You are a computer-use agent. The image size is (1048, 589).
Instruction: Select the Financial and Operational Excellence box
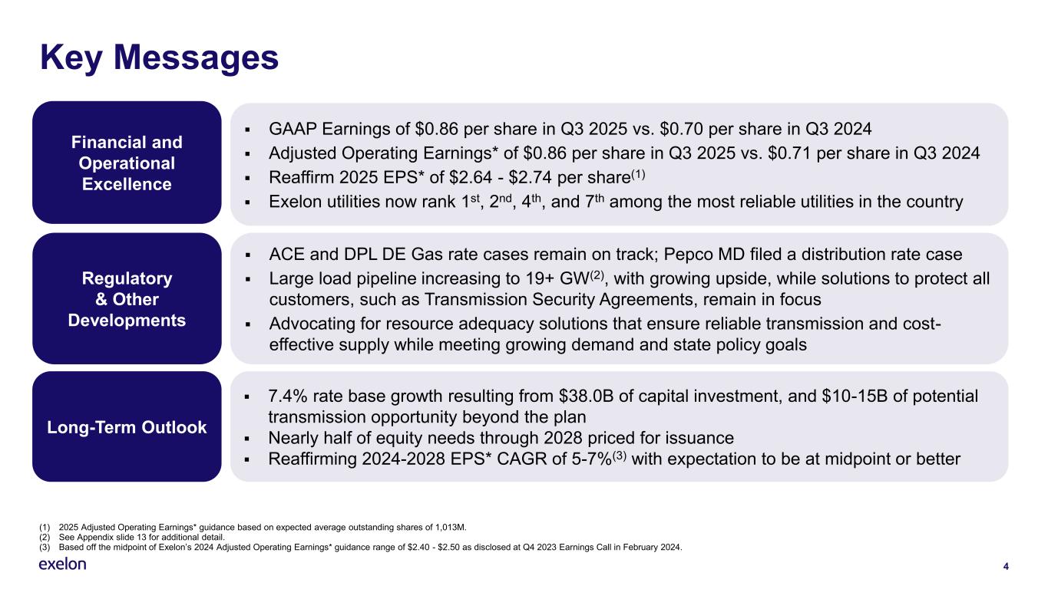pyautogui.click(x=127, y=163)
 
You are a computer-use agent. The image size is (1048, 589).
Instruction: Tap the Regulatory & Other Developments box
pyautogui.click(x=127, y=298)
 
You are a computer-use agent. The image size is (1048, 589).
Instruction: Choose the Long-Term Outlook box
pyautogui.click(x=127, y=427)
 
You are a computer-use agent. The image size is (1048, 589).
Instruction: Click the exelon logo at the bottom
pyautogui.click(x=62, y=564)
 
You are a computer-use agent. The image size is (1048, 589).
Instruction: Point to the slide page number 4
pyautogui.click(x=1005, y=567)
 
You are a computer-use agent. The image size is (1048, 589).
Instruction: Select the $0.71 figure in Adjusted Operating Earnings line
pyautogui.click(x=824, y=153)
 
